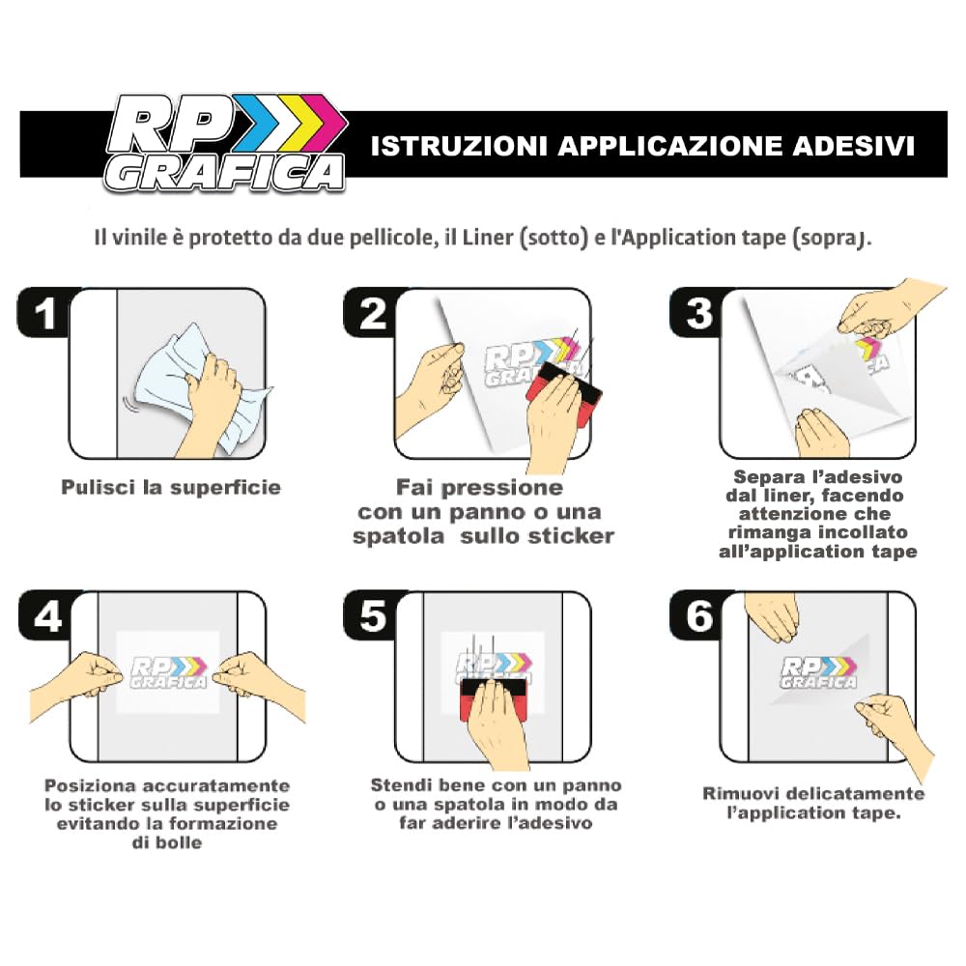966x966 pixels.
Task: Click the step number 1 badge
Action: click(x=44, y=312)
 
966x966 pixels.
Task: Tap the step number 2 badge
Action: click(x=372, y=312)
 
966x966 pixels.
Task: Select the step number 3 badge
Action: click(x=698, y=312)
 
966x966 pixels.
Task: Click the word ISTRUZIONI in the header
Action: click(x=459, y=146)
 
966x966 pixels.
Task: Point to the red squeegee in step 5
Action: click(x=493, y=698)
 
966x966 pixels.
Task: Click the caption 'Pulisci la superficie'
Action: click(x=171, y=487)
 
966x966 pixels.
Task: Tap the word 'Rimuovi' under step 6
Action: click(x=737, y=793)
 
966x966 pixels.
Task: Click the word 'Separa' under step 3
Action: click(x=763, y=477)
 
